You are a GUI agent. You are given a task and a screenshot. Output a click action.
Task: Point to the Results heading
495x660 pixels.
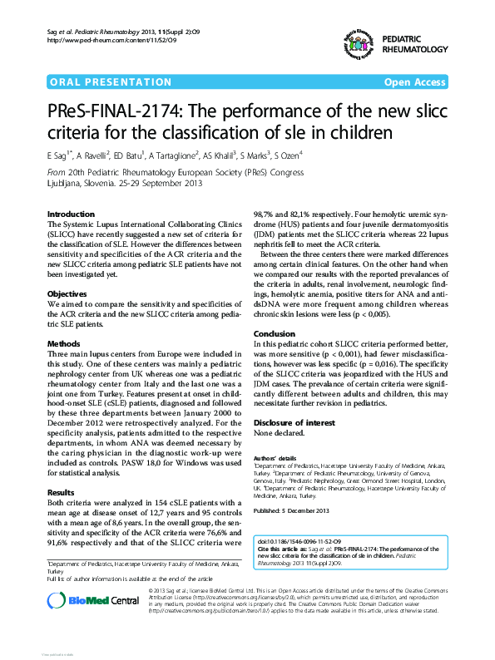[x=62, y=492]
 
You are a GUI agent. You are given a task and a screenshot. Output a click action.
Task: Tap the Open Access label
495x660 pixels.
[x=414, y=83]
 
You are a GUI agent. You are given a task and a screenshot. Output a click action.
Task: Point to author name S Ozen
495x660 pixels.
[x=289, y=154]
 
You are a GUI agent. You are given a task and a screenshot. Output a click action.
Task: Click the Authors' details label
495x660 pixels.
[x=275, y=458]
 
